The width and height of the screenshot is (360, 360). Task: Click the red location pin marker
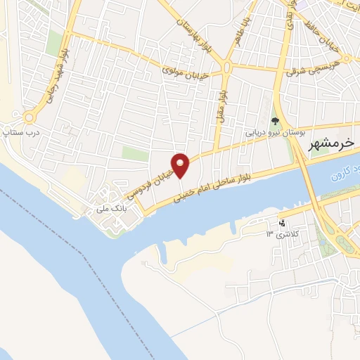pos(181,166)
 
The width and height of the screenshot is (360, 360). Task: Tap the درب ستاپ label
pos(19,131)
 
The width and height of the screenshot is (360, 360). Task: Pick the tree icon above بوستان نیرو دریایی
pos(275,121)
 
